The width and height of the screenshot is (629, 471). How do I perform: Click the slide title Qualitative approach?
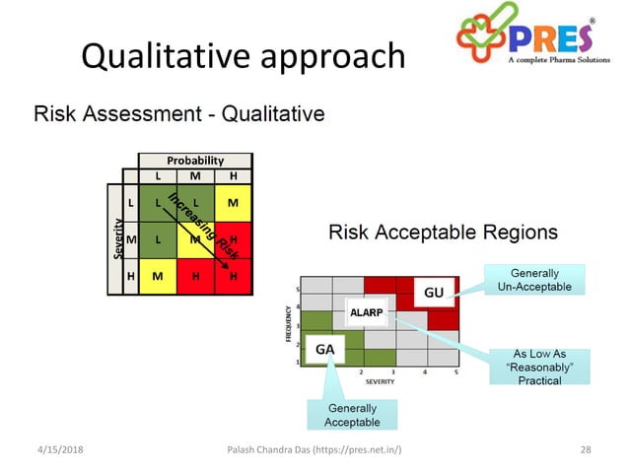(243, 56)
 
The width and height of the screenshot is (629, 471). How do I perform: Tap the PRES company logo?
(532, 38)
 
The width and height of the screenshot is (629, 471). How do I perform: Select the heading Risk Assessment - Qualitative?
(179, 114)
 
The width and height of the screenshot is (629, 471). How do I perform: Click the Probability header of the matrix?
(195, 160)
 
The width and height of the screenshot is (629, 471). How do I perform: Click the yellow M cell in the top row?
(233, 203)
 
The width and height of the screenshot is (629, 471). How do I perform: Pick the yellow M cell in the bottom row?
(158, 277)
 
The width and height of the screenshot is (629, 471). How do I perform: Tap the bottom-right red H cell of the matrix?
(233, 277)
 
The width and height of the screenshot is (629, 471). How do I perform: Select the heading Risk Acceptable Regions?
(443, 234)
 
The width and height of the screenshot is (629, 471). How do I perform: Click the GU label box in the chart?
(434, 293)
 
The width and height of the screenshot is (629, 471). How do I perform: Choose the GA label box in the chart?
(324, 348)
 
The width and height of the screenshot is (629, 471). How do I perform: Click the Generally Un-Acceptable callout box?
(535, 279)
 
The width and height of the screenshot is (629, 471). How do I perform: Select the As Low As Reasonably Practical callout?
(538, 367)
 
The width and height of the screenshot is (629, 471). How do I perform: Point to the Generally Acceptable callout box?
(351, 415)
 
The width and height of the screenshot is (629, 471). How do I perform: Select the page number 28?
(586, 450)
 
